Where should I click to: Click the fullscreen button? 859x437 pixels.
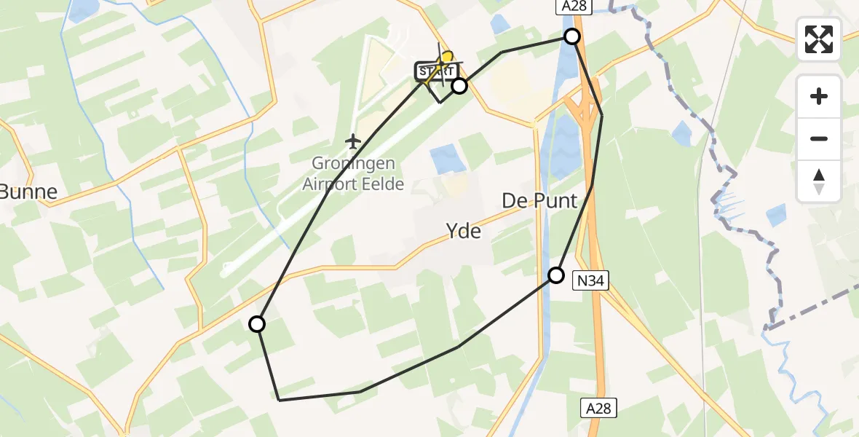click(x=819, y=39)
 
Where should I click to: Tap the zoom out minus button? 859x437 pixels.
click(x=819, y=138)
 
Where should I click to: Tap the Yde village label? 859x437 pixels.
click(x=464, y=231)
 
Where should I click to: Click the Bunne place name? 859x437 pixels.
click(x=28, y=192)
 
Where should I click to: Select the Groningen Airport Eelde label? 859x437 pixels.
click(x=353, y=175)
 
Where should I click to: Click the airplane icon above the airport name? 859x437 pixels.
click(x=353, y=140)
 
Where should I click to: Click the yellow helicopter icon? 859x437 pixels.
click(x=446, y=58)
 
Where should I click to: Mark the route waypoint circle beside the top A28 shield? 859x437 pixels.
click(x=572, y=36)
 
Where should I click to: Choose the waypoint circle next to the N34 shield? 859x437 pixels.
click(x=556, y=275)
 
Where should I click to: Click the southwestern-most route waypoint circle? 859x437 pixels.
click(x=257, y=324)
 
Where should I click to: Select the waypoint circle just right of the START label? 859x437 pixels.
click(x=459, y=86)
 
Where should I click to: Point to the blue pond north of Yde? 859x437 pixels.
click(x=447, y=159)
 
